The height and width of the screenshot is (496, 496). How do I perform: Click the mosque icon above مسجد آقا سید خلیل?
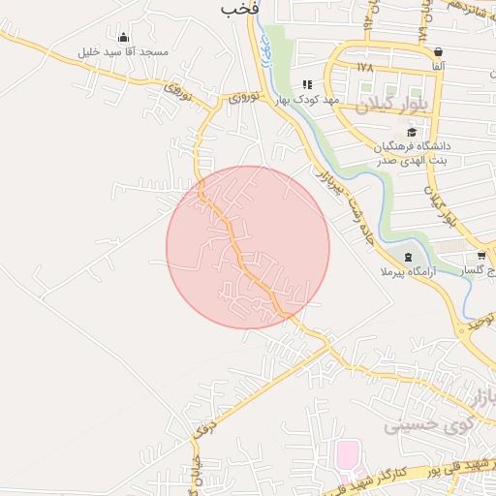pos(123,37)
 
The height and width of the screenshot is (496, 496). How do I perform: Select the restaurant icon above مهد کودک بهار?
pos(308,84)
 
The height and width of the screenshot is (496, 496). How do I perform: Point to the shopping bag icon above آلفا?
pos(439,52)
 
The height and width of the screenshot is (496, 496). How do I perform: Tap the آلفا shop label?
pos(439,66)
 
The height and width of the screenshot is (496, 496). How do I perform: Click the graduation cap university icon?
pos(412,132)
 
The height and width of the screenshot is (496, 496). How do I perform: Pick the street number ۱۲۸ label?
pos(364,67)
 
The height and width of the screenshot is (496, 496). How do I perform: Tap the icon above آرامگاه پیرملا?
pos(408,257)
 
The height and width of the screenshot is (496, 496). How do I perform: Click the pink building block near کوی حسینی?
pos(346,453)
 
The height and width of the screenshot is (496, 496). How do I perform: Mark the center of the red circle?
pos(248,247)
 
